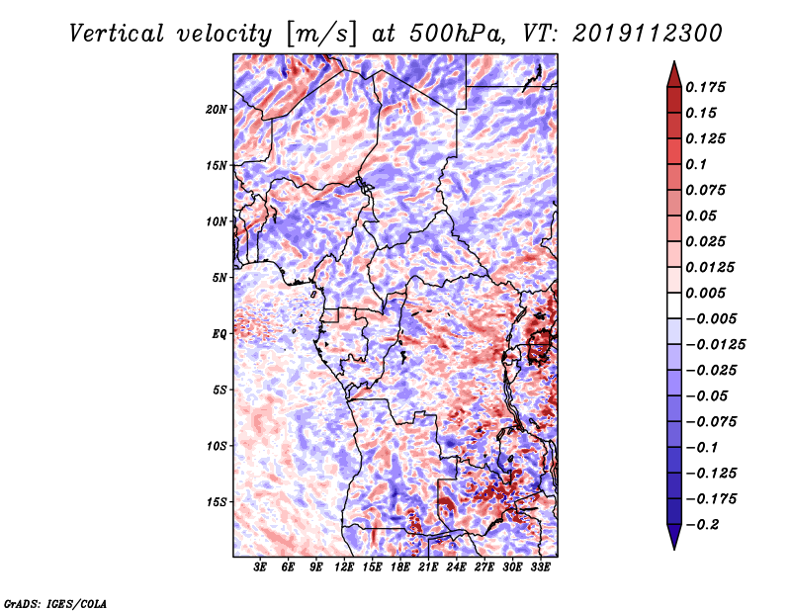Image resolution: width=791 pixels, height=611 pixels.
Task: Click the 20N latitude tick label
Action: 217,110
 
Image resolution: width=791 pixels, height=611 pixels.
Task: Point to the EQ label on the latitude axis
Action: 220,334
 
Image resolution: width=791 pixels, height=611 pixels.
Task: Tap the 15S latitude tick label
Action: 217,502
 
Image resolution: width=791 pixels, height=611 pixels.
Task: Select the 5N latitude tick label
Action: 220,278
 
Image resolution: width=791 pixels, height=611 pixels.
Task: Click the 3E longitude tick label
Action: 260,567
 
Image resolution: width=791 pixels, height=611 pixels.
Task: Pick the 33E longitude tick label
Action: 540,567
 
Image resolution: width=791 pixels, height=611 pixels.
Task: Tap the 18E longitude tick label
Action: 400,567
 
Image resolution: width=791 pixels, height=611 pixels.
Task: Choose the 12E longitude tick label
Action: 344,567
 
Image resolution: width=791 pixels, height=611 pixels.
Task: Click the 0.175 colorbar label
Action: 705,87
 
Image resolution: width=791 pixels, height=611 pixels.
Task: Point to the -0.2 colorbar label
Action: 702,525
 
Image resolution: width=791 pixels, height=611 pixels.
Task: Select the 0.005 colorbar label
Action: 705,293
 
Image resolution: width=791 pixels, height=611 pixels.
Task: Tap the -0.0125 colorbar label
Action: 715,345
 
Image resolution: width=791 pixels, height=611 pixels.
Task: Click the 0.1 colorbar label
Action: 696,164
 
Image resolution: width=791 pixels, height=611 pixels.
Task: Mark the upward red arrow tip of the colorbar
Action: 674,61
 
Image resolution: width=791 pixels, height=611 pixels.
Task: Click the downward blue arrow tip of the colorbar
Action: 674,549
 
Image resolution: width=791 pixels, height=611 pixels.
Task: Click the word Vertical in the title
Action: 117,34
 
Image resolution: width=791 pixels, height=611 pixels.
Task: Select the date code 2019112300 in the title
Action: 648,34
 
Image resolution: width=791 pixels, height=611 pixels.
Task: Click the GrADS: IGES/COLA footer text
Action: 55,603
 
